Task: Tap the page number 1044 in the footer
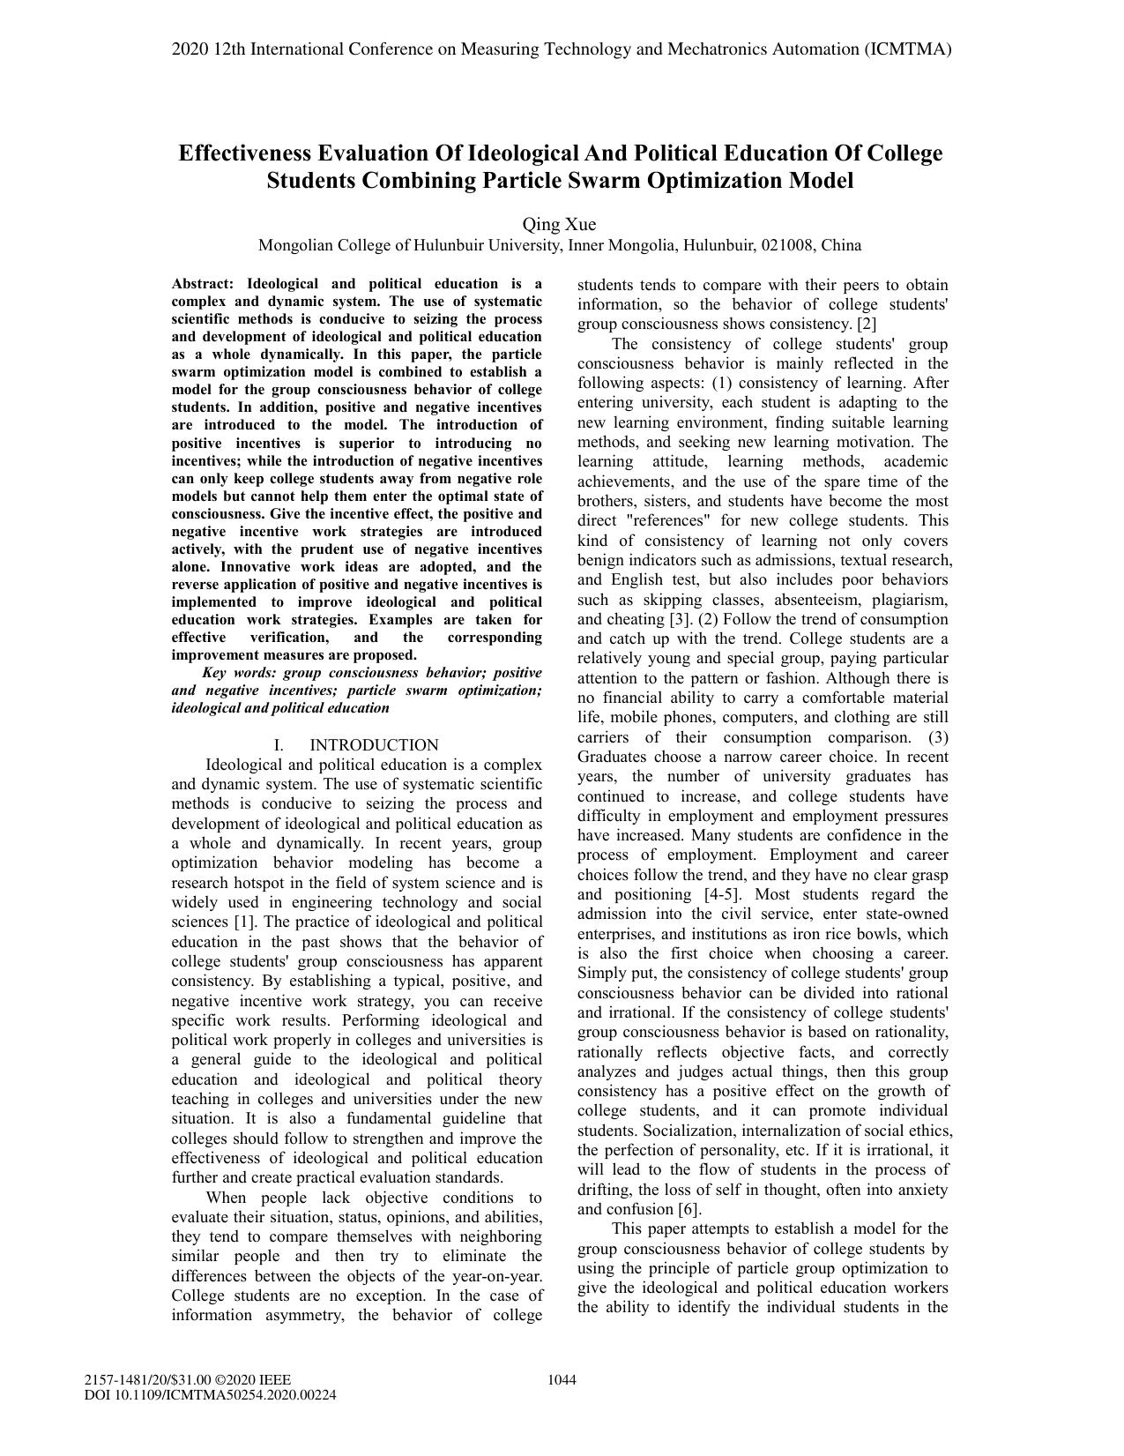[x=562, y=1380]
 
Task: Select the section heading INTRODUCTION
[x=374, y=745]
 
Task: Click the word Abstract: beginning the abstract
[x=203, y=284]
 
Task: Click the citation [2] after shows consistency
[x=867, y=324]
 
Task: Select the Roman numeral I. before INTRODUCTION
[x=279, y=745]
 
